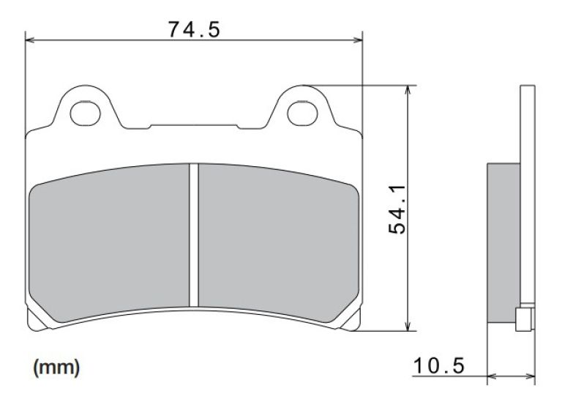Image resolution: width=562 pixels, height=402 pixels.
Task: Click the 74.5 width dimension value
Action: pos(194,29)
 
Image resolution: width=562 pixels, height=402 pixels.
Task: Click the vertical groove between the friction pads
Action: pos(194,234)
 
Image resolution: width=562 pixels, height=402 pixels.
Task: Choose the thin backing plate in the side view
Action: pos(525,183)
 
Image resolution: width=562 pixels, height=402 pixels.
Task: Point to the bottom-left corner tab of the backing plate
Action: pos(31,319)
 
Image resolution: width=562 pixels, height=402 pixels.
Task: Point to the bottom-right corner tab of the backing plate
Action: pos(356,319)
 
